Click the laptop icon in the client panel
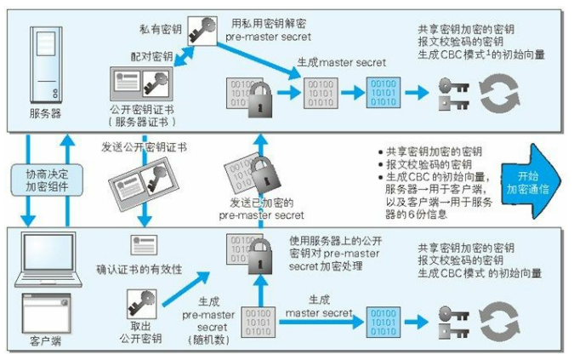coord(45,259)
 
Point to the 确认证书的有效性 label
coord(139,270)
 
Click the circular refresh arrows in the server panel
coord(496,91)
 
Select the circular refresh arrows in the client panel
coord(496,323)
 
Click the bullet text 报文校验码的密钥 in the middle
coord(423,163)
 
